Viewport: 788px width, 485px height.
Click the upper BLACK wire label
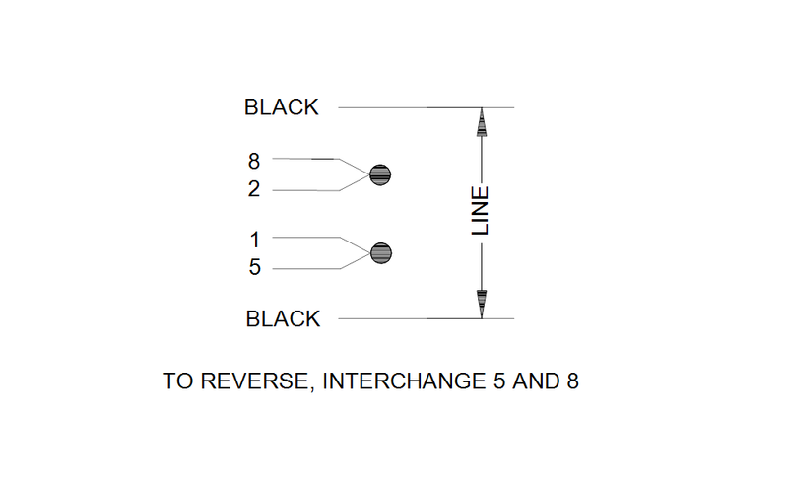pyautogui.click(x=282, y=108)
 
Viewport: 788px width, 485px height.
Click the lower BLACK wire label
pyautogui.click(x=283, y=319)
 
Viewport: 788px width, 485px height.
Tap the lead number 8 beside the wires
pyautogui.click(x=254, y=159)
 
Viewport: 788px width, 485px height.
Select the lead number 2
pyautogui.click(x=254, y=190)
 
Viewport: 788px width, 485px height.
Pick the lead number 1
pyautogui.click(x=254, y=238)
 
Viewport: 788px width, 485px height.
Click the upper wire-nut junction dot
pyautogui.click(x=381, y=175)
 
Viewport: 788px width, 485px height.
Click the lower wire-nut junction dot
pyautogui.click(x=381, y=253)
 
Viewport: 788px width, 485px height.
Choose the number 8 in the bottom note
pyautogui.click(x=570, y=381)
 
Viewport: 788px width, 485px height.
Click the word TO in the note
pyautogui.click(x=176, y=381)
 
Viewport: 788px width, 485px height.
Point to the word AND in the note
pyautogui.click(x=533, y=381)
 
